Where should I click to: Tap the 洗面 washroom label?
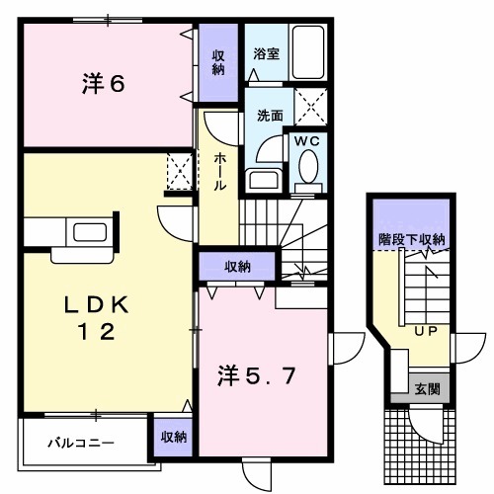pyautogui.click(x=270, y=115)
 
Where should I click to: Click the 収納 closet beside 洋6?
pyautogui.click(x=217, y=61)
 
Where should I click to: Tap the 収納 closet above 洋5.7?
pyautogui.click(x=236, y=266)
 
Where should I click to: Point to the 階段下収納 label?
pyautogui.click(x=412, y=239)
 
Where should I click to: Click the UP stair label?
pyautogui.click(x=426, y=330)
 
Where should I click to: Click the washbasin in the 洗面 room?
pyautogui.click(x=262, y=180)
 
